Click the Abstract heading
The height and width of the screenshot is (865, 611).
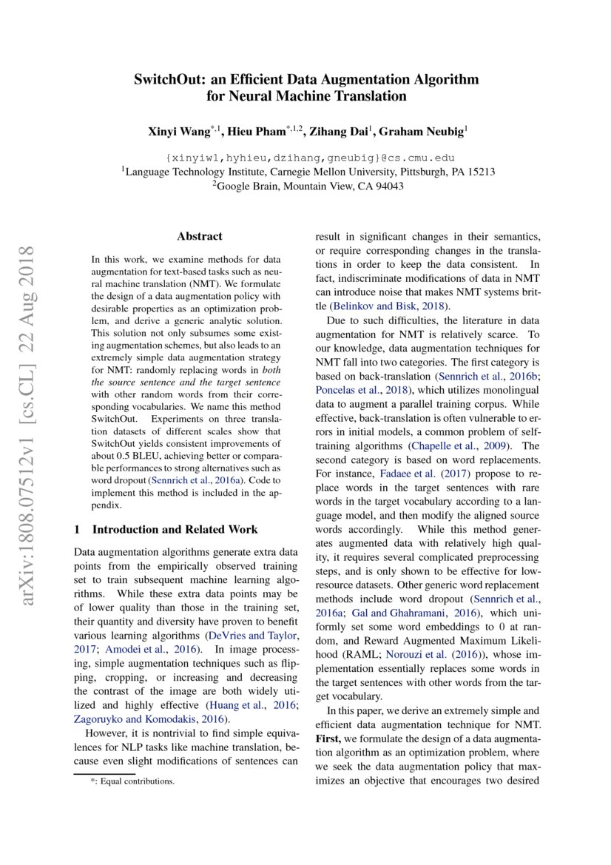coord(199,237)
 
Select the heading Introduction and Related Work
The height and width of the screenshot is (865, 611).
coord(175,530)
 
